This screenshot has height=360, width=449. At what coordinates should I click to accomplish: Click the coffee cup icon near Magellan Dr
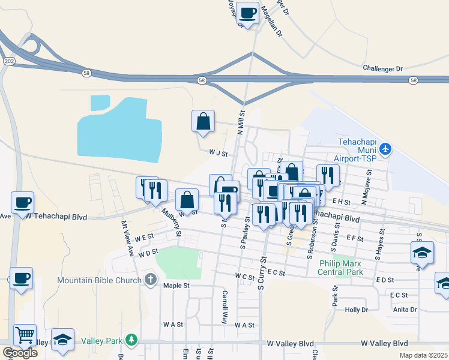(x=247, y=12)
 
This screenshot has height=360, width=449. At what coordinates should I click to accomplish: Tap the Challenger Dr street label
(x=382, y=69)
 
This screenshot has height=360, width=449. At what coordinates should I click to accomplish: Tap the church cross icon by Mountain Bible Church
(x=150, y=280)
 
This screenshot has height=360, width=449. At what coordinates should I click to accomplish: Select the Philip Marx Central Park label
(x=341, y=268)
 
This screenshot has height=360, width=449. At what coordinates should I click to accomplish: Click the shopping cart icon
(x=25, y=334)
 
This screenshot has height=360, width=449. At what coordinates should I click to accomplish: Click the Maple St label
(x=176, y=286)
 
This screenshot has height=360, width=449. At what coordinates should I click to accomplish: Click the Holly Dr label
(x=356, y=310)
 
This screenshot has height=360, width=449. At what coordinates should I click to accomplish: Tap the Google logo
(x=20, y=353)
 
